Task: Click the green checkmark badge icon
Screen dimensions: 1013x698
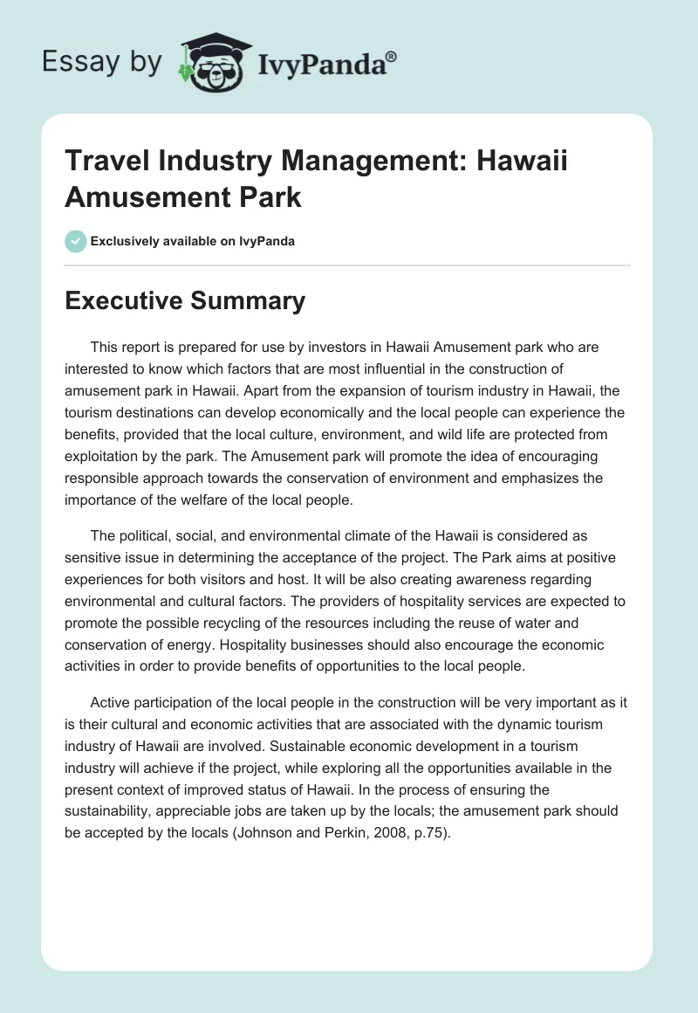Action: click(76, 241)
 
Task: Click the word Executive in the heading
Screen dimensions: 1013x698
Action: click(122, 301)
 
